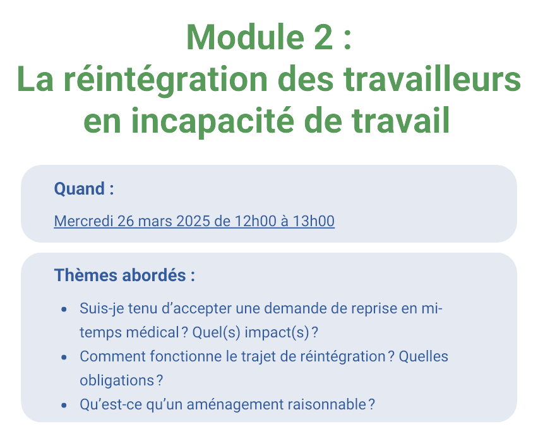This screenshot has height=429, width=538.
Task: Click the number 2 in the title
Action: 323,37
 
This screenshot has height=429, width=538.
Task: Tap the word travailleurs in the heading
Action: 433,78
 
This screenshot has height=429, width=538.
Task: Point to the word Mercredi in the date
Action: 83,221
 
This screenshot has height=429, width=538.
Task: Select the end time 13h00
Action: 313,221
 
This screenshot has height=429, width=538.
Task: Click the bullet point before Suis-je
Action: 64,310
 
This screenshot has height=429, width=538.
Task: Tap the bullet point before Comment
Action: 64,358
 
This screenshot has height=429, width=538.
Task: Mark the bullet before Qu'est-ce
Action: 64,406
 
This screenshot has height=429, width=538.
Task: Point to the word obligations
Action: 117,381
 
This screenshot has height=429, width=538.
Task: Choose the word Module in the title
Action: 246,37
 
